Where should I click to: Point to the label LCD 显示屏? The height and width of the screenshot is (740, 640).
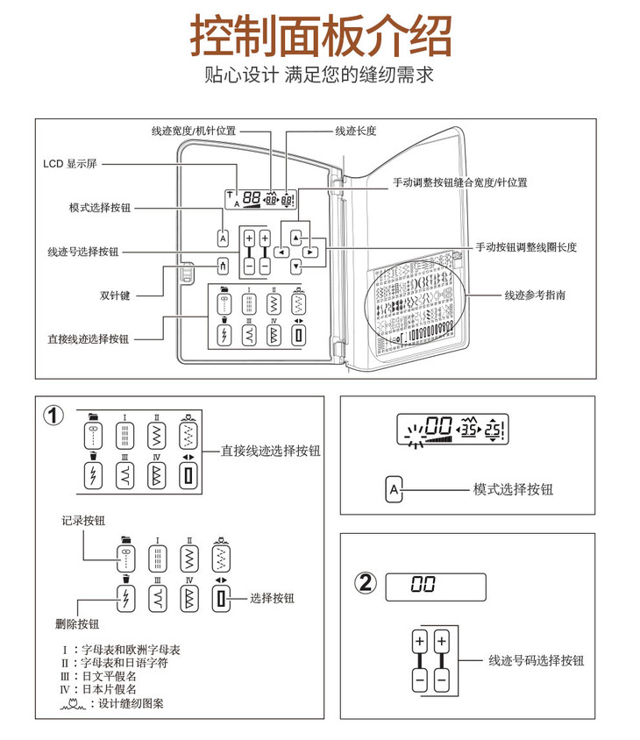point(74,163)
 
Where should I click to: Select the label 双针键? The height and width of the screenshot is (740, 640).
point(115,295)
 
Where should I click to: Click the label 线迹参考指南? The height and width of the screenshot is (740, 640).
point(535,295)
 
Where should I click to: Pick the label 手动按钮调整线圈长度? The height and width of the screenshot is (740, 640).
point(526,247)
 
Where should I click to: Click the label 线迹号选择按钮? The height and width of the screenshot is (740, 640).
point(83,252)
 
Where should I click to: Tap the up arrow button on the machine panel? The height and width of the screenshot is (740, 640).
point(296,237)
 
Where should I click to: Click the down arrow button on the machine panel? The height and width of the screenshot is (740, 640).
point(296,266)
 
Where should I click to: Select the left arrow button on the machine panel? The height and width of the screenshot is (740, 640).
point(281,252)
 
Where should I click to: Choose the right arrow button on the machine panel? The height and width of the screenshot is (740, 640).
point(311,252)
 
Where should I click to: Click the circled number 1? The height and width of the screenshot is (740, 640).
point(54,415)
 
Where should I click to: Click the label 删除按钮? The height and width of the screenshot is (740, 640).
point(77,624)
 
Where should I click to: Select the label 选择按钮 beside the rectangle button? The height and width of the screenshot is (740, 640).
point(272,598)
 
